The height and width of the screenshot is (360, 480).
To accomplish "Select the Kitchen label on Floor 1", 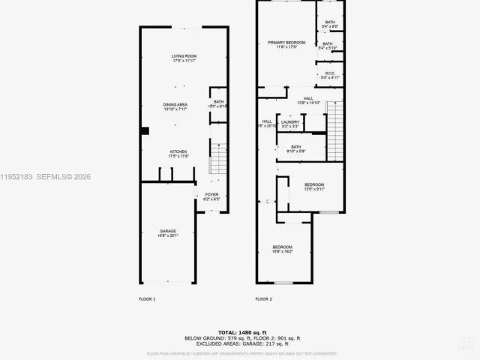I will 178,154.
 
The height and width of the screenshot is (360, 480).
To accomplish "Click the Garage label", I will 168,232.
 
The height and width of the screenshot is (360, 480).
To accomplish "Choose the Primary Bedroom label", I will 283,44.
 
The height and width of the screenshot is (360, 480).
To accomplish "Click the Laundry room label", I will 290,123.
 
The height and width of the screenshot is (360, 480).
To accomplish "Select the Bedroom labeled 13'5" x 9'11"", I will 314,187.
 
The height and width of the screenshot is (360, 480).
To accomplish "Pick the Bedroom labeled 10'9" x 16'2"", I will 282,249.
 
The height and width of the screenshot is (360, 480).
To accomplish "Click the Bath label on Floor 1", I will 219,103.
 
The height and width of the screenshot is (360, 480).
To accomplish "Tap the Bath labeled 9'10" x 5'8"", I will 296,148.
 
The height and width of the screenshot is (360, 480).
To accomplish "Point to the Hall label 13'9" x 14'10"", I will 308,100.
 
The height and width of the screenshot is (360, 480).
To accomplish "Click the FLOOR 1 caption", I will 147,299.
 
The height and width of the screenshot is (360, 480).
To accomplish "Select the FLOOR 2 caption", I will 263,299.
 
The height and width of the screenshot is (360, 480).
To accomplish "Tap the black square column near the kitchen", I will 145,131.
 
